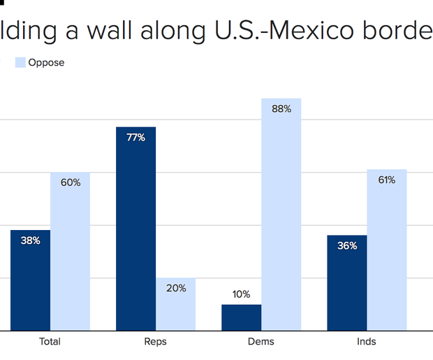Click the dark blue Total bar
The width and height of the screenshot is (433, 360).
point(30,280)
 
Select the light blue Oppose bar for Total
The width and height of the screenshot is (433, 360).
point(70,252)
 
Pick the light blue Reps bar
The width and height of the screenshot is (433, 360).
point(175,304)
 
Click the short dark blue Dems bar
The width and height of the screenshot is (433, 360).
point(241,317)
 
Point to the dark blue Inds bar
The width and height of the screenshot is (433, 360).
point(346,282)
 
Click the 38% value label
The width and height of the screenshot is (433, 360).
point(30,240)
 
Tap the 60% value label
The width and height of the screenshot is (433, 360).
point(71,183)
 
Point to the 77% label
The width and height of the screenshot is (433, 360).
point(135,138)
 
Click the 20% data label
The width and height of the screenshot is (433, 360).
point(176,288)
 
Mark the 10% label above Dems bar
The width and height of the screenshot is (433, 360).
point(241,294)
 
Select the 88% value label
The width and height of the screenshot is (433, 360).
point(281,109)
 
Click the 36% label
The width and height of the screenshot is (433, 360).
point(347,246)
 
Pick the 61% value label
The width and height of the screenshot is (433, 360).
point(387,180)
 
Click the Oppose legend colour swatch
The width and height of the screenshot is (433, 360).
point(20,63)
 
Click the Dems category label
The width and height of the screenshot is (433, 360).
point(261,341)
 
